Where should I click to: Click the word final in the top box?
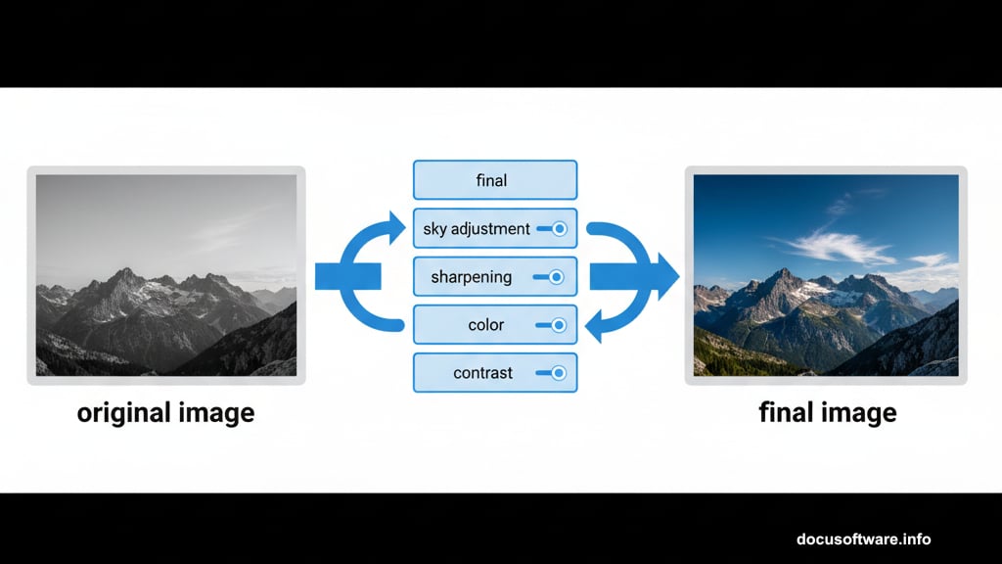tap(491, 180)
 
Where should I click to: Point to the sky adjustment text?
tap(477, 229)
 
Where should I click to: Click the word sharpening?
tap(471, 277)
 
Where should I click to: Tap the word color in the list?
tap(473, 325)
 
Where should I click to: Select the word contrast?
tap(482, 373)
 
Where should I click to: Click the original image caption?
tap(165, 412)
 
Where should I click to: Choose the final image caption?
tap(827, 412)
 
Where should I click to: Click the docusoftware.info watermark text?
tap(863, 540)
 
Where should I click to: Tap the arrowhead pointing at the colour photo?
tap(667, 276)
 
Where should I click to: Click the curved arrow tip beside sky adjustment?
tap(396, 227)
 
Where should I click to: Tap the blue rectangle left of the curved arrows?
tap(347, 276)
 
